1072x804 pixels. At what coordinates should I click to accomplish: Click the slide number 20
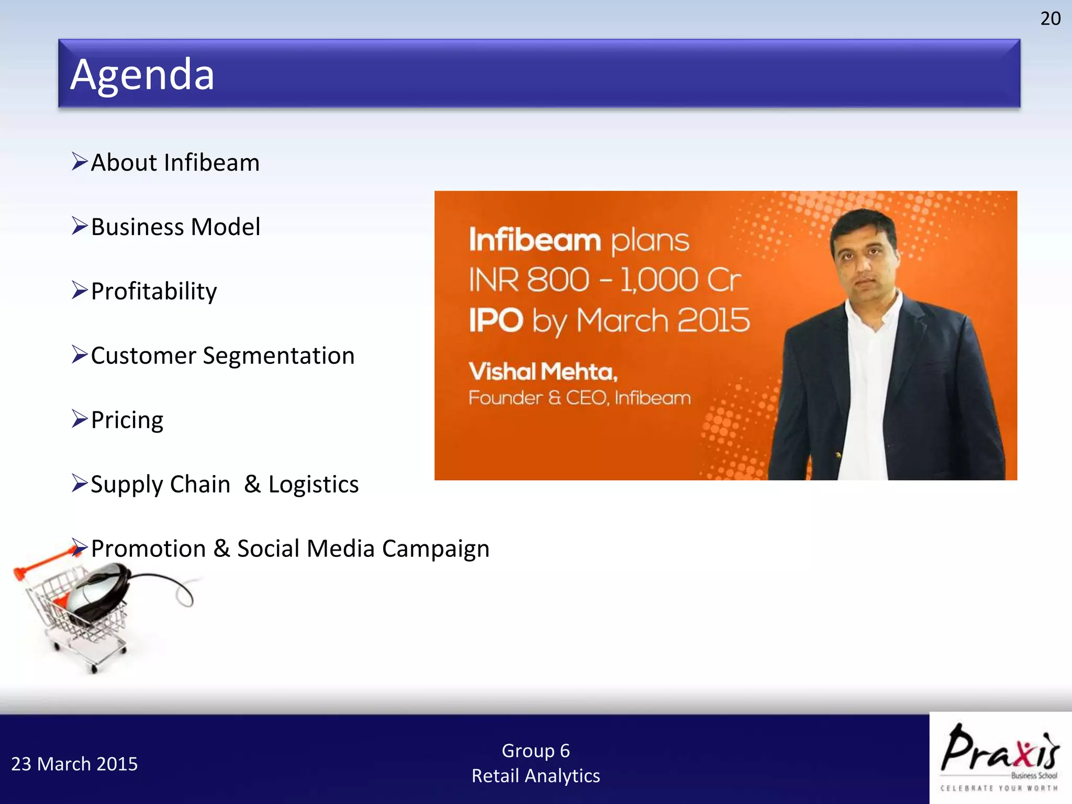click(1050, 19)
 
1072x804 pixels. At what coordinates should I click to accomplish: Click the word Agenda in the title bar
click(142, 74)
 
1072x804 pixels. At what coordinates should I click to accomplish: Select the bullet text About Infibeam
click(175, 162)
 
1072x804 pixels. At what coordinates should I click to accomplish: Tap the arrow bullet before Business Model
click(80, 226)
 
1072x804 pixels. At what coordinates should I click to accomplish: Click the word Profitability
click(154, 292)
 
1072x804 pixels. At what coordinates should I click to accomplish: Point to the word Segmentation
click(278, 356)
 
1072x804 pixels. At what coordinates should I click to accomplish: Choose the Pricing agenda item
click(127, 420)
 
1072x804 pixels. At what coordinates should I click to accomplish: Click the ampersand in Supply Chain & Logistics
click(252, 484)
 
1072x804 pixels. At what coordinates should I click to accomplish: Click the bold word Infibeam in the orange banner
click(534, 240)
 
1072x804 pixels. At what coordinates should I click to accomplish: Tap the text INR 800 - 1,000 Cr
click(605, 280)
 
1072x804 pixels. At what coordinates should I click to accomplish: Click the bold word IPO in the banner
click(496, 320)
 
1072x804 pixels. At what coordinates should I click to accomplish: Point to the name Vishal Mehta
click(543, 372)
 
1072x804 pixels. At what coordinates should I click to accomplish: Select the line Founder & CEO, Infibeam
click(579, 398)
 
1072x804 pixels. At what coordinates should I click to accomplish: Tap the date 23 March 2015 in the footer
click(74, 764)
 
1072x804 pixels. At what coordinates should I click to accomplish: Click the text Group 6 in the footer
click(535, 751)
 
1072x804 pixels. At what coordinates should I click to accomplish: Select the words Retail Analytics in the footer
click(535, 776)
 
